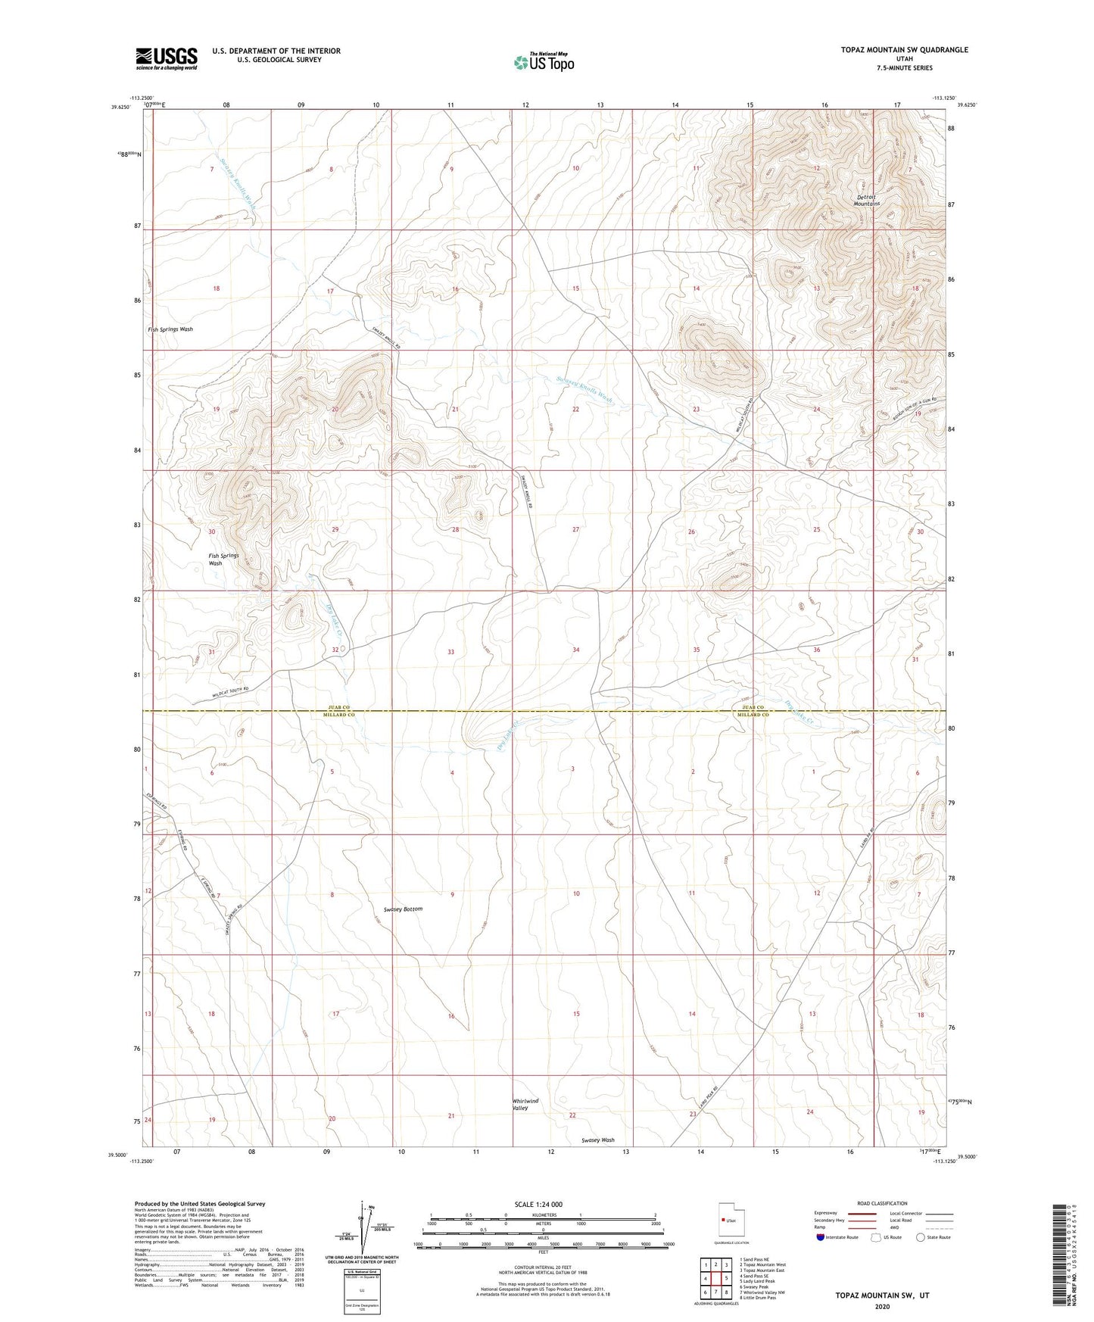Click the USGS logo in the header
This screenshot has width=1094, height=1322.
tap(167, 58)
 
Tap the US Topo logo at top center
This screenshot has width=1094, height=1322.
tap(543, 62)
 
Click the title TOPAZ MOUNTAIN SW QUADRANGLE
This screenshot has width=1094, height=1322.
tap(904, 50)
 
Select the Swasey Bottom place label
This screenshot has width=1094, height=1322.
tap(403, 909)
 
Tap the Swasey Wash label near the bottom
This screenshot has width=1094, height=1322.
tap(598, 1140)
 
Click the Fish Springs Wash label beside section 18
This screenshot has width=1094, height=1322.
tap(170, 329)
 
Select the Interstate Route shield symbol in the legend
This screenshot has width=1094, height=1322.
tap(822, 1237)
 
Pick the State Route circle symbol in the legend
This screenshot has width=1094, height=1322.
tap(921, 1237)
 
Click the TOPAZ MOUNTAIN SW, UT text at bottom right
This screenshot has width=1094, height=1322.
tap(882, 1295)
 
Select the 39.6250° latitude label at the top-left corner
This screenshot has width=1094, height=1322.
tap(120, 108)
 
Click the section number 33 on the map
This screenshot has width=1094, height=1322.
tap(451, 651)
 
